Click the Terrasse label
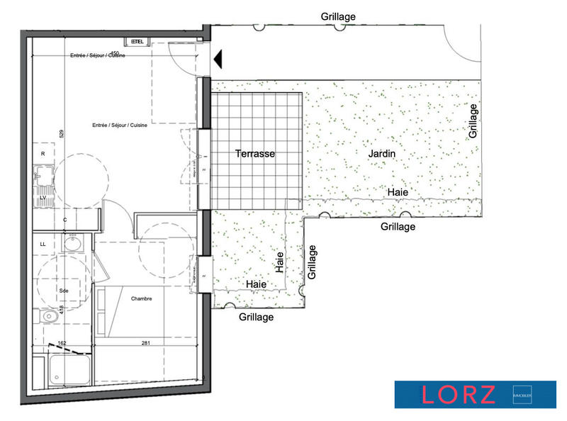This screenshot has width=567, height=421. click(x=255, y=153)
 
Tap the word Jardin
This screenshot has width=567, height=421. click(x=381, y=153)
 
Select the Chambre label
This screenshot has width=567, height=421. click(x=142, y=298)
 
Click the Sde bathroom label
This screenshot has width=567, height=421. click(x=63, y=291)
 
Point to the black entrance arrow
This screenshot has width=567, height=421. click(x=218, y=59)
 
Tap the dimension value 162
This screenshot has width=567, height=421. click(x=62, y=343)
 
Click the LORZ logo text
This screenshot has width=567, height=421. click(x=459, y=395)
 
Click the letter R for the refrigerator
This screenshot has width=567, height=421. click(x=43, y=154)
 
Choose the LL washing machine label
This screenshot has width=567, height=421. click(x=43, y=244)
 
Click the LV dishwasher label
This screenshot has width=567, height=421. click(x=43, y=198)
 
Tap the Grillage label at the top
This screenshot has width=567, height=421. click(x=338, y=16)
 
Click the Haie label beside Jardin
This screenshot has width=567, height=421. click(x=397, y=192)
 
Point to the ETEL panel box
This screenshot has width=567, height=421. click(x=137, y=42)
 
